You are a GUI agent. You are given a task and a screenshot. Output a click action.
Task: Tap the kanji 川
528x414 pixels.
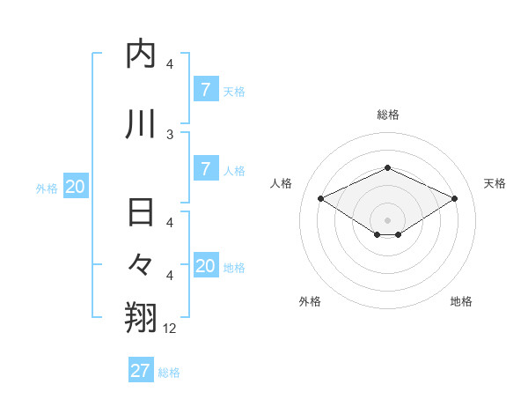(x=141, y=124)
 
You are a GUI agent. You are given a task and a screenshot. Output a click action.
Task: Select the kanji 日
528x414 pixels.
(x=141, y=214)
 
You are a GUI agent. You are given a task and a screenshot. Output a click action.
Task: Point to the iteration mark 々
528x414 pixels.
(x=141, y=264)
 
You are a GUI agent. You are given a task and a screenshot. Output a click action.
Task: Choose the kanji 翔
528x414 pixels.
(x=141, y=316)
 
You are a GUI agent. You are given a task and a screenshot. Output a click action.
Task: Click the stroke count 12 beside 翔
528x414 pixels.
(x=170, y=329)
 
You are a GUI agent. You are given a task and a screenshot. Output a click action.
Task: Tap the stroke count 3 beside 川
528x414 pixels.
(x=170, y=134)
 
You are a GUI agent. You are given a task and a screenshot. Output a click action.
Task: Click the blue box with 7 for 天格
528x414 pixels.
(x=205, y=90)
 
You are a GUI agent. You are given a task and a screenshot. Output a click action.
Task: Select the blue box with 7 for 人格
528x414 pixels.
(x=205, y=170)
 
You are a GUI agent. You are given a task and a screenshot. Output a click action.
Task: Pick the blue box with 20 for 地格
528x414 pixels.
(x=205, y=266)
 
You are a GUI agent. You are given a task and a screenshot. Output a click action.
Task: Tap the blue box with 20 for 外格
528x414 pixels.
(x=76, y=187)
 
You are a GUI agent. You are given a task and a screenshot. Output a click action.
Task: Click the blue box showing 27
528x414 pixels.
(x=141, y=371)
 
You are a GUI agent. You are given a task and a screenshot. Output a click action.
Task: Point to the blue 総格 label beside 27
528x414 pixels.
(x=169, y=373)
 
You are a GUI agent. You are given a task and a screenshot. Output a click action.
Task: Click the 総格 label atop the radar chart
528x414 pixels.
(x=387, y=115)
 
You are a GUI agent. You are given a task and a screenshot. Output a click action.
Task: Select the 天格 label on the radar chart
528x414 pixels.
(x=495, y=183)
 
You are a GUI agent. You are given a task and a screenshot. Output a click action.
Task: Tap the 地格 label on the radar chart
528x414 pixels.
(x=461, y=301)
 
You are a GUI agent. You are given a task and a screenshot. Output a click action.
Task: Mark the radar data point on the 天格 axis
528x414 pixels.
(x=455, y=199)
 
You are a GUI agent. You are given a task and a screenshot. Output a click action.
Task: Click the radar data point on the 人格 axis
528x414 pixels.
(x=320, y=199)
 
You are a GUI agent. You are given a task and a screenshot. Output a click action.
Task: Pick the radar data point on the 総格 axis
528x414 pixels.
(x=387, y=167)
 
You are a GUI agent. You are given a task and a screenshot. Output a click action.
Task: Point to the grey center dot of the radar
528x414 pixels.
(x=387, y=219)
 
